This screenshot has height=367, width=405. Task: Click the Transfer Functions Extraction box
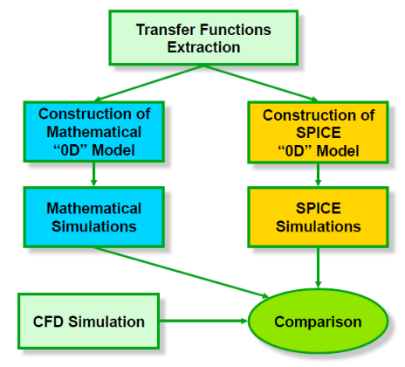point(203,38)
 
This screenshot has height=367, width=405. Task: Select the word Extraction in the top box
point(203,47)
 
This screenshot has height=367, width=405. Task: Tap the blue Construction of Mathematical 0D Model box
point(94,132)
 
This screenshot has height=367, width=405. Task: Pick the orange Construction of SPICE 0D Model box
point(319,132)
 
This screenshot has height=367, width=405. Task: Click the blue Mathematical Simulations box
point(94,218)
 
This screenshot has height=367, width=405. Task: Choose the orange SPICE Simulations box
point(319,218)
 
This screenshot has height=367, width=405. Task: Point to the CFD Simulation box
point(89,322)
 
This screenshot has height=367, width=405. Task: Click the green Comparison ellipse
point(318,322)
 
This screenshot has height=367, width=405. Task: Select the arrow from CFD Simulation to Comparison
point(203,321)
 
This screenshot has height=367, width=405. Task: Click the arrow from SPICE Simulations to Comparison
point(318,267)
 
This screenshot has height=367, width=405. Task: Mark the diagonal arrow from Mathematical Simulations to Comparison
point(182,273)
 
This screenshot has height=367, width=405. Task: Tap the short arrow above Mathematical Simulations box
point(93,174)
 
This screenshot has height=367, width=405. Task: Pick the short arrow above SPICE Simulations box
point(318,175)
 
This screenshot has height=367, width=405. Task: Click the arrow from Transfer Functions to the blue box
point(148,83)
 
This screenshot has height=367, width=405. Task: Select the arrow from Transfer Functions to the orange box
point(261,83)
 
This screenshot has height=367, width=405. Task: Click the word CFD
point(48,322)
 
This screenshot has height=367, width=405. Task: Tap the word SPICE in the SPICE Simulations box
point(319,209)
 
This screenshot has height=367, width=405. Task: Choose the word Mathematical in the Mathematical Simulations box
point(94,209)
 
